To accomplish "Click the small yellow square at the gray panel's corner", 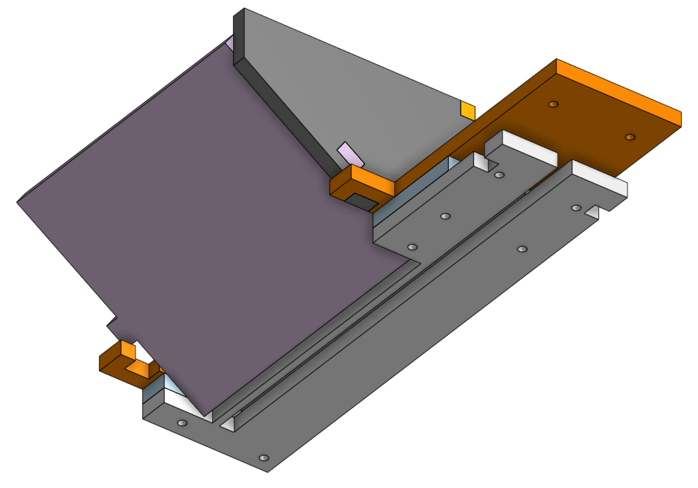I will [x=467, y=109].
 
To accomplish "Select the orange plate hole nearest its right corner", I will [x=630, y=137].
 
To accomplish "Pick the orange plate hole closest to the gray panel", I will [x=553, y=104].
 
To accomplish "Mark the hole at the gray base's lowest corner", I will [x=263, y=458].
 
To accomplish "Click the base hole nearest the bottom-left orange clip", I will [x=182, y=423].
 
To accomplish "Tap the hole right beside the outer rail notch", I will [x=575, y=208].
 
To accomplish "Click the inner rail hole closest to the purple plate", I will [x=412, y=247].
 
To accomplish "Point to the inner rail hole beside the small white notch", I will [x=498, y=175].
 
